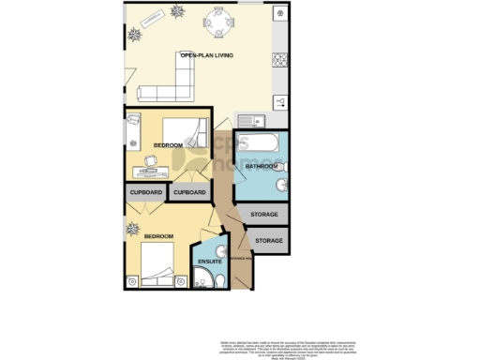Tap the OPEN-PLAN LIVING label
[206, 57]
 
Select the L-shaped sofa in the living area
[165, 90]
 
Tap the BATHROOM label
[261, 167]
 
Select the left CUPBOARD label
[146, 193]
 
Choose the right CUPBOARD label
[190, 193]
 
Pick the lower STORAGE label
[269, 241]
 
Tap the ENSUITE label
[210, 262]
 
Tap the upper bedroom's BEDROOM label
[169, 145]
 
